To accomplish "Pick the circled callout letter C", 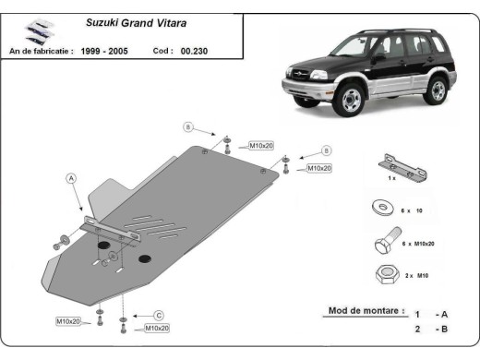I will click(x=158, y=314).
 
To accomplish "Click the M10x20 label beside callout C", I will click(x=155, y=328).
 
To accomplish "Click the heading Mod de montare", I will click(x=366, y=310).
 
